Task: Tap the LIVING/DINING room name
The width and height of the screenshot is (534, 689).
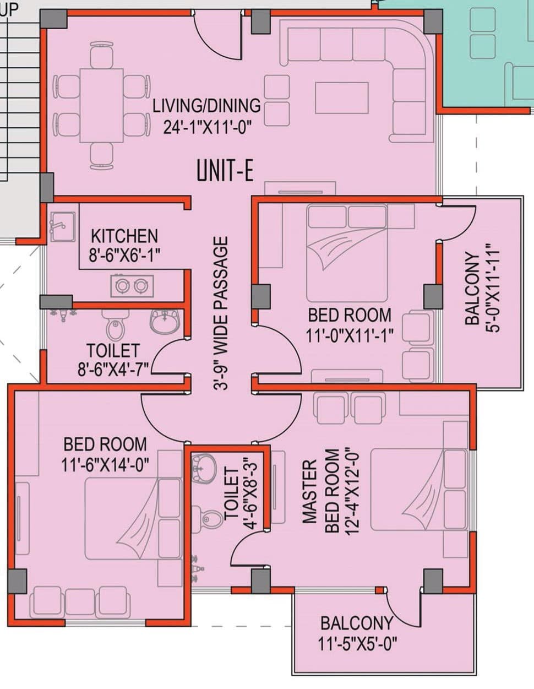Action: (206, 106)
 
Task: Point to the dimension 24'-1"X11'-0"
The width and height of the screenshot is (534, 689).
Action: (207, 128)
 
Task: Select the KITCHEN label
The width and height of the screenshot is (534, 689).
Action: (124, 236)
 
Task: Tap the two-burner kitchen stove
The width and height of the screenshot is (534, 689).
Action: (132, 286)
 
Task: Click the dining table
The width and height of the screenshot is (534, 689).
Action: (101, 105)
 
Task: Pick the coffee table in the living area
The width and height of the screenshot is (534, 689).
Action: (342, 97)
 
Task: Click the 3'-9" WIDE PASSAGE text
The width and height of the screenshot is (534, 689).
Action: (221, 313)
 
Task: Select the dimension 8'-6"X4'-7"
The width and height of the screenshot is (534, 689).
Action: (113, 370)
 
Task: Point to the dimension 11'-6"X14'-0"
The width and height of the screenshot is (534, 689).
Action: (105, 464)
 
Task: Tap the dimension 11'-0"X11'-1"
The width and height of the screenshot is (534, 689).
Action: (350, 335)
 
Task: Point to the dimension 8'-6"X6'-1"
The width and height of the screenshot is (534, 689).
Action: (124, 255)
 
